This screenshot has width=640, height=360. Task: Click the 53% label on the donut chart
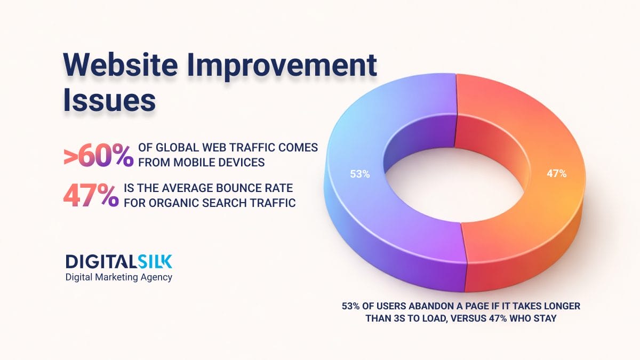pos(359,174)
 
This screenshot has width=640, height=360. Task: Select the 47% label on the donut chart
pos(556,173)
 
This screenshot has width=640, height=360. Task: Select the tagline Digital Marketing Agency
pos(118,277)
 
